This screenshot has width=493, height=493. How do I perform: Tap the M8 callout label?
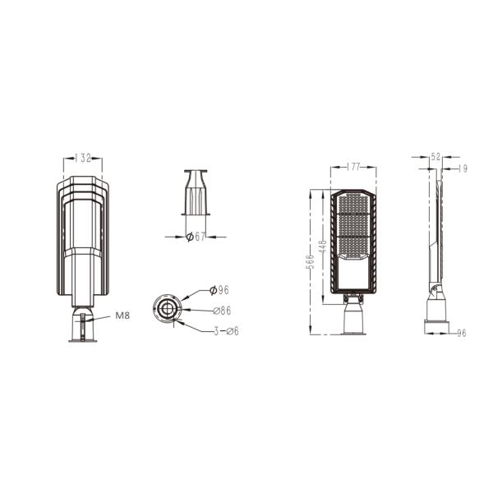pyautogui.click(x=122, y=315)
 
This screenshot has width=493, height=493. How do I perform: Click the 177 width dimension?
pyautogui.click(x=354, y=168)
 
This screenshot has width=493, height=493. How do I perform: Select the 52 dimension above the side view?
pyautogui.click(x=435, y=156)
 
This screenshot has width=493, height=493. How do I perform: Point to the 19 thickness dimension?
pyautogui.click(x=463, y=168)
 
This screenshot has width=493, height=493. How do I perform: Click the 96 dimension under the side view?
pyautogui.click(x=461, y=333)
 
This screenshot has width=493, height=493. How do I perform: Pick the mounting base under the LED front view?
pyautogui.click(x=353, y=316)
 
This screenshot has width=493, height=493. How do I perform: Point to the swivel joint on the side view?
pyautogui.click(x=434, y=288)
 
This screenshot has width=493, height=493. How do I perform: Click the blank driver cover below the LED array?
pyautogui.click(x=353, y=271)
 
